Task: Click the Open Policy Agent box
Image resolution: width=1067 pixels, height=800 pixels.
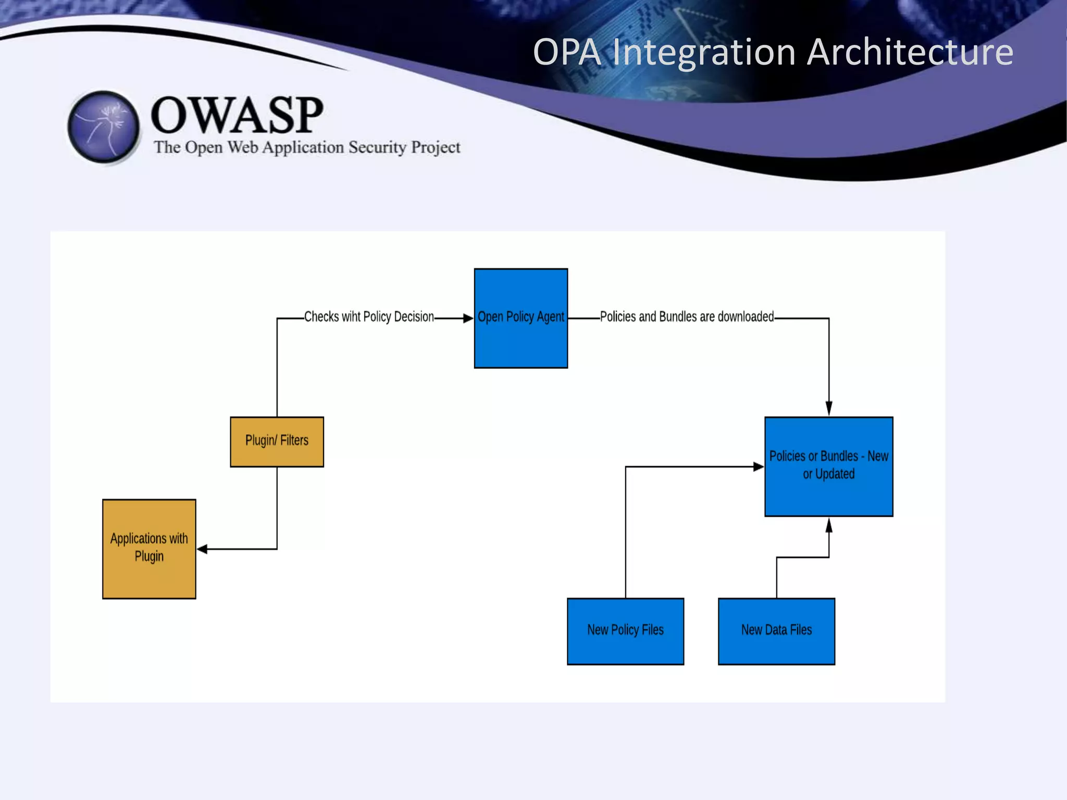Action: [x=520, y=318]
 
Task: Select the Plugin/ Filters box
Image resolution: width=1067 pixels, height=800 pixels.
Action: [x=277, y=441]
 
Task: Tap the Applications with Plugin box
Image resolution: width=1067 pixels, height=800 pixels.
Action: [x=149, y=548]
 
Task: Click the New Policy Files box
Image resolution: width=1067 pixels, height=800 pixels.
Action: [x=625, y=631]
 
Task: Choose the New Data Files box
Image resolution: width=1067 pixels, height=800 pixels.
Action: [x=776, y=631]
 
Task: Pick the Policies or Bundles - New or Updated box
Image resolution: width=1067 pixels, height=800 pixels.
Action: [x=828, y=466]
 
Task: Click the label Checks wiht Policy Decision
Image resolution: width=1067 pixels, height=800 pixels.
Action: [x=369, y=317]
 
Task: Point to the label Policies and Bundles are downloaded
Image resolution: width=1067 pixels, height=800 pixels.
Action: [x=687, y=317]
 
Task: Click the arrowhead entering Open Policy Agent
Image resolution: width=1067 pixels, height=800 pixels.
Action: [x=467, y=318]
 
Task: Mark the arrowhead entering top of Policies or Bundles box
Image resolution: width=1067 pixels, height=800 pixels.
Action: [x=829, y=408]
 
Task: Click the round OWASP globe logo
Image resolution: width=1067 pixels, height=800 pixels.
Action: [x=104, y=127]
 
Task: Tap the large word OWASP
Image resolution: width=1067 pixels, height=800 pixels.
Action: [x=237, y=115]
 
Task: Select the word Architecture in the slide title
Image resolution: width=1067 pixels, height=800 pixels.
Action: [x=910, y=52]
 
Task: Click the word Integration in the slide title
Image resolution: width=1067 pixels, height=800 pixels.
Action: [x=704, y=52]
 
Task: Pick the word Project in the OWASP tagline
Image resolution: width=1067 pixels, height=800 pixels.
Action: [x=436, y=147]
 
